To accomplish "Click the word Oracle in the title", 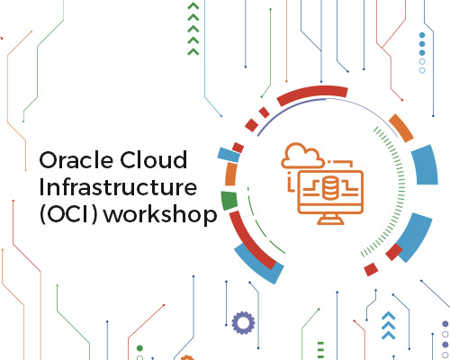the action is click(76, 159).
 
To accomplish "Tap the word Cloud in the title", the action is click(154, 159).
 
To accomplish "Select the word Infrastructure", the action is click(118, 187).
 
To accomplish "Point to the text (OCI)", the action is click(68, 214).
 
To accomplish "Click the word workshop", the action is click(160, 215).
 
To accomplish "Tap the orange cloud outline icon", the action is click(301, 156).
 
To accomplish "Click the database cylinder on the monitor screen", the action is click(330, 188).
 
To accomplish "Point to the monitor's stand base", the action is click(330, 220).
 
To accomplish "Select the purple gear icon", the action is click(243, 323).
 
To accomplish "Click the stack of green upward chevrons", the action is click(193, 29).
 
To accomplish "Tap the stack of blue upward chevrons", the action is click(389, 326).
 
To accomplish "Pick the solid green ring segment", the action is click(229, 200).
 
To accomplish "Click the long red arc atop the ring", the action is click(312, 94).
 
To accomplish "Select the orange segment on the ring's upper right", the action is click(401, 128).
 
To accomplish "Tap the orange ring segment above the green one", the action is click(230, 175).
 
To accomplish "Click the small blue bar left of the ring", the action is click(229, 155).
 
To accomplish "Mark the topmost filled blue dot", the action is click(422, 35).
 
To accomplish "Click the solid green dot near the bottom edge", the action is click(139, 348).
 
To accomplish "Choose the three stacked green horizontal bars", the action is click(320, 350).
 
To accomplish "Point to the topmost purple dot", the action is click(445, 324).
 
